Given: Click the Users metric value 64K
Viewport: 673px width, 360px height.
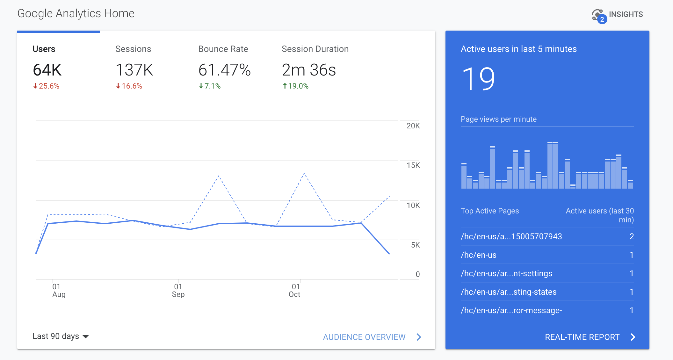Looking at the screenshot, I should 47,70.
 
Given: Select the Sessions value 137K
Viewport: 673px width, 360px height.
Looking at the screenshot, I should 134,70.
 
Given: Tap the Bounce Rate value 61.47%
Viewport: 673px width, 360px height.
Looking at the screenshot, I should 224,70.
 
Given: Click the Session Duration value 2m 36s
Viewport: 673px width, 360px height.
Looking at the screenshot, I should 309,70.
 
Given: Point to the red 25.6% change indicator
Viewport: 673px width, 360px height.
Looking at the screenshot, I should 47,86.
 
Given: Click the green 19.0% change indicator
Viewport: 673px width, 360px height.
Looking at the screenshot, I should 296,86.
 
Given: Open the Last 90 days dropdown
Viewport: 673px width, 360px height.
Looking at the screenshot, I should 61,336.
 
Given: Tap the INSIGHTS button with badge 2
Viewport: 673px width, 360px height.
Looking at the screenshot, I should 618,15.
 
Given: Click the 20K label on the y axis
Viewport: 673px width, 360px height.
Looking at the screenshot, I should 413,126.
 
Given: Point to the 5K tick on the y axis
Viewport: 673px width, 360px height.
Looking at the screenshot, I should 415,245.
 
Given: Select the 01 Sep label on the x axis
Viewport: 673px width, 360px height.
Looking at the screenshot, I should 178,291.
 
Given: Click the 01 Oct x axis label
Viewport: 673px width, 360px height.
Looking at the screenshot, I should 294,291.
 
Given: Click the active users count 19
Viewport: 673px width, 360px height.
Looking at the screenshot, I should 478,79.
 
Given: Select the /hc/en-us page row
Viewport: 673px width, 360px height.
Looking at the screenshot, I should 479,255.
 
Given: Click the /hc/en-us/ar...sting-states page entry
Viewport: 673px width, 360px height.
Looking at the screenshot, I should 509,292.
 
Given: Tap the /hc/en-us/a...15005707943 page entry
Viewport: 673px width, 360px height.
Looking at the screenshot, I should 511,236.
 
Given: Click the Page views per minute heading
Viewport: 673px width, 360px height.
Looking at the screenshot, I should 498,119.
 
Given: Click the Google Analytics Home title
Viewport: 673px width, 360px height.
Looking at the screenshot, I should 76,13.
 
